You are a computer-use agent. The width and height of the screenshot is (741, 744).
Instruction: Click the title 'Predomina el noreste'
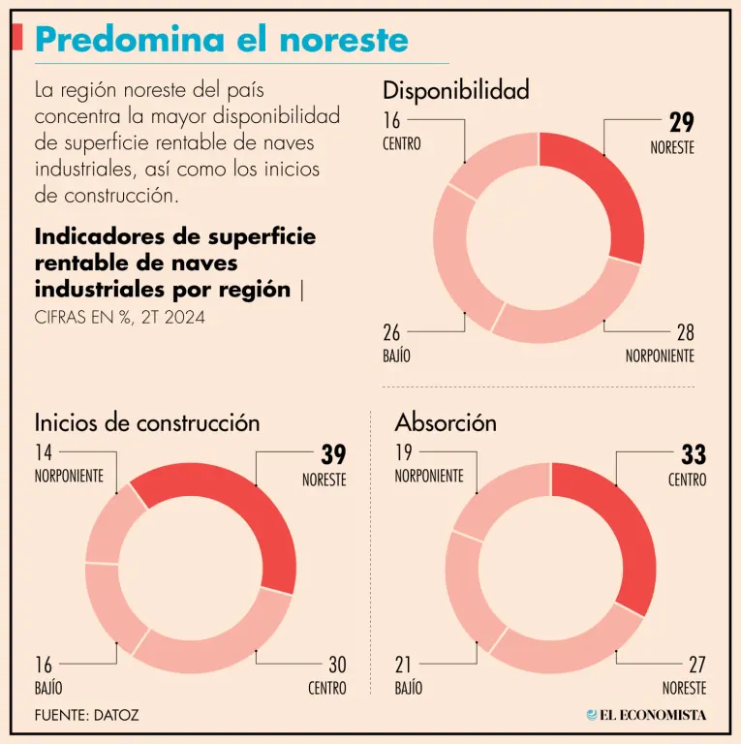pos(222,40)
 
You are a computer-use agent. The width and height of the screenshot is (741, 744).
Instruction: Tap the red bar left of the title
pos(17,38)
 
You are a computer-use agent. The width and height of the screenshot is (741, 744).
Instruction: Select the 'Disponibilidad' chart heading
pos(456,91)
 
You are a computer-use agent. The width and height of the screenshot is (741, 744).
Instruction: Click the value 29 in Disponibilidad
pos(682,122)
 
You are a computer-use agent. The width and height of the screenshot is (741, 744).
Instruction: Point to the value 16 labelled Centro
pos(391,121)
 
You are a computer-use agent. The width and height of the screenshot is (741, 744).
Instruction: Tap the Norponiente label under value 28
pos(660,356)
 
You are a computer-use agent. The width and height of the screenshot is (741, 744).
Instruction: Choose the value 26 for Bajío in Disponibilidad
pos(392,333)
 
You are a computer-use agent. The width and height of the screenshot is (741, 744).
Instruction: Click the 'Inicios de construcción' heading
pos(147,422)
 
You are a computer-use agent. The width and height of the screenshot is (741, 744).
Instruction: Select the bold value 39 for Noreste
pos(333,454)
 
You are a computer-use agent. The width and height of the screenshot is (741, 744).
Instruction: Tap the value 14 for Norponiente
pos(45,453)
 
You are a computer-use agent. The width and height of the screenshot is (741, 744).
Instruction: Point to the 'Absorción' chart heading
pos(446,422)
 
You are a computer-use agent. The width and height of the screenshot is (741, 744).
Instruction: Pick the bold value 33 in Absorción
pos(694,454)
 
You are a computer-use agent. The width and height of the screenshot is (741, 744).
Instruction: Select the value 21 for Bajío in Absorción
pos(404,666)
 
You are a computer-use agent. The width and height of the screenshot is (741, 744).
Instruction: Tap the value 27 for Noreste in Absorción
pos(695,666)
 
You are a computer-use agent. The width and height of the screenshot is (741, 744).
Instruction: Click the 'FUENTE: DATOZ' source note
pos(86,715)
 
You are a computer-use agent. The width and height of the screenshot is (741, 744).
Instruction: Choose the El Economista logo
pos(646,715)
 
